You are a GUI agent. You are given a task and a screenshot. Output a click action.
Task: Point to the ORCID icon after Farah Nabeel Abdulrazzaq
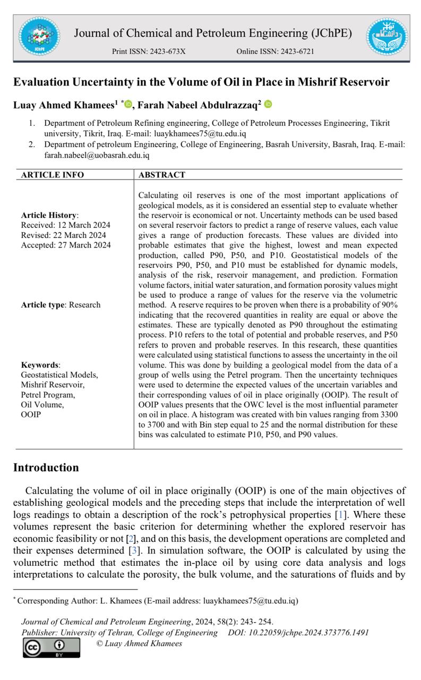[268, 104]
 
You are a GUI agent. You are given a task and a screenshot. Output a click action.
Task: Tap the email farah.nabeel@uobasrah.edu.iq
[97, 156]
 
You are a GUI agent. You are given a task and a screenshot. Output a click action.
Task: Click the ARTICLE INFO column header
[53, 175]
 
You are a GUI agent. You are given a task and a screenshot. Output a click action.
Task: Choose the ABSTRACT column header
[162, 175]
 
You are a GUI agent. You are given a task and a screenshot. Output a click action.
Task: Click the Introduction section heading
[46, 467]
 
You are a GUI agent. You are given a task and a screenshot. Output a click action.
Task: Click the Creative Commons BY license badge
[51, 647]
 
